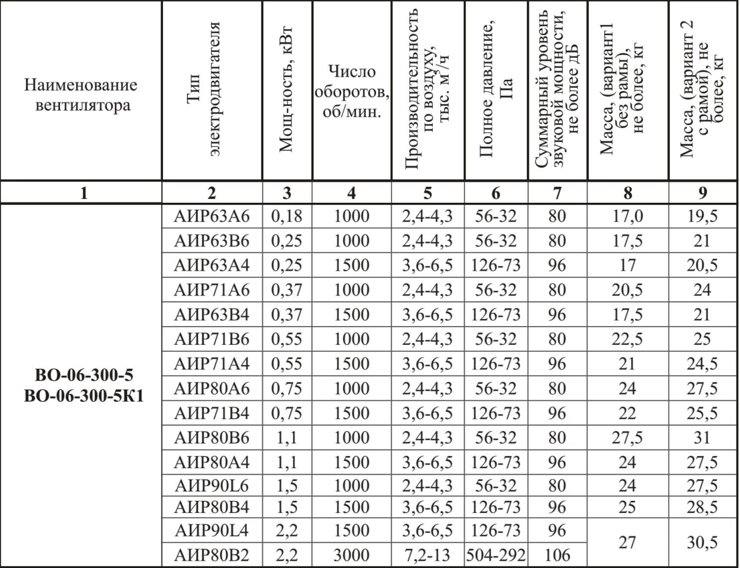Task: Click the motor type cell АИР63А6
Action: pyautogui.click(x=212, y=216)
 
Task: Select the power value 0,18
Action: pyautogui.click(x=287, y=216)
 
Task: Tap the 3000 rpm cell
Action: pyautogui.click(x=351, y=555)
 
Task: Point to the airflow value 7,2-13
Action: pyautogui.click(x=427, y=555)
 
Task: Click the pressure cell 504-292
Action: pyautogui.click(x=495, y=555)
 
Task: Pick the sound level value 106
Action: pyautogui.click(x=557, y=555)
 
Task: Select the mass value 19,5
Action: pyautogui.click(x=702, y=216)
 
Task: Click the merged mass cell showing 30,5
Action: pyautogui.click(x=702, y=543)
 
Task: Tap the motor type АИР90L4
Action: pyautogui.click(x=212, y=531)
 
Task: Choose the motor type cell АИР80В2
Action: pyautogui.click(x=212, y=555)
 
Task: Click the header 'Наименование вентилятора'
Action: pyautogui.click(x=81, y=94)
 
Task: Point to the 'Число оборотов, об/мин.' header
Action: pyautogui.click(x=351, y=92)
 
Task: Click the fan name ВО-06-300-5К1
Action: pyautogui.click(x=84, y=396)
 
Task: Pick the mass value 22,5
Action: pyautogui.click(x=627, y=339)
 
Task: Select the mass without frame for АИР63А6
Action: pyautogui.click(x=627, y=216)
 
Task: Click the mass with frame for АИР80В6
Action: pyautogui.click(x=702, y=438)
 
